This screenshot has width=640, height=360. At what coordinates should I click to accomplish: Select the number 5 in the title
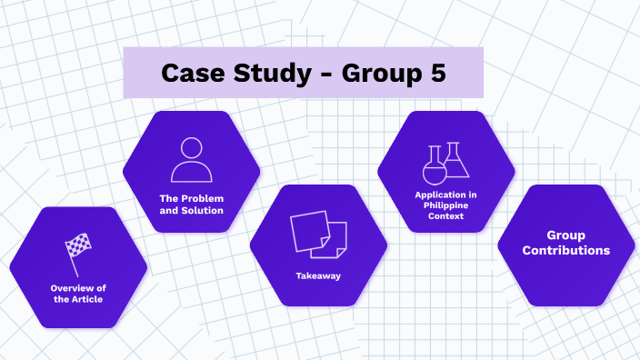[437, 74]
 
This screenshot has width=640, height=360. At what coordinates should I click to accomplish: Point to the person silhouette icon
[191, 160]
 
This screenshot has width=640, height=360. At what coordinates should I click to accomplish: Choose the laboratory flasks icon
[445, 161]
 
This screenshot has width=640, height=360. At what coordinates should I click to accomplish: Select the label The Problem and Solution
[191, 204]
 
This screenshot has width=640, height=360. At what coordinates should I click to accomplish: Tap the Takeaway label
[318, 275]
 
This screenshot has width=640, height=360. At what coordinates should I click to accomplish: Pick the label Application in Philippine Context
[445, 205]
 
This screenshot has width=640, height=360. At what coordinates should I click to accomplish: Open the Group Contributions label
[565, 242]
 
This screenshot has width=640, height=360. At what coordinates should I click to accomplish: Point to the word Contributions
[565, 250]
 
